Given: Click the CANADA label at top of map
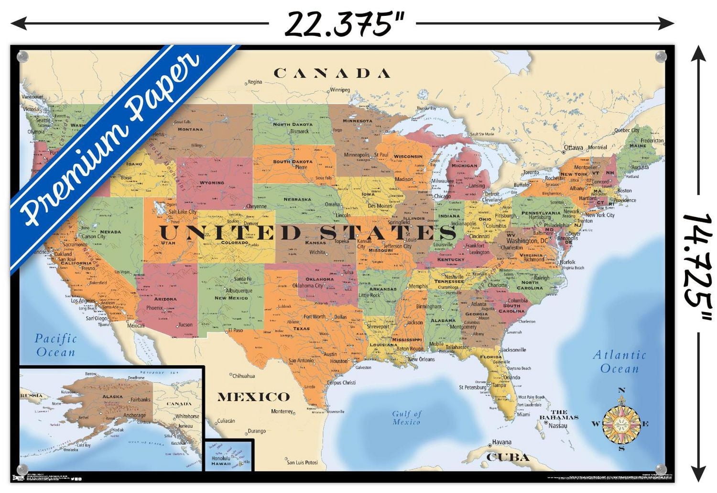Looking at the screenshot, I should click(x=332, y=73).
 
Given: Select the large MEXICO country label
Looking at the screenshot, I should click(x=253, y=397).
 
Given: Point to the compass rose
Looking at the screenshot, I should click(x=621, y=423).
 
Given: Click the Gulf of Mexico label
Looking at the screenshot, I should click(x=406, y=417).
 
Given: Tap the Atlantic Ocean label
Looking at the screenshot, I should click(x=619, y=361).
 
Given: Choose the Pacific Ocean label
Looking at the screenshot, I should click(x=56, y=345).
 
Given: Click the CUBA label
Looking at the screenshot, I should click(x=508, y=457).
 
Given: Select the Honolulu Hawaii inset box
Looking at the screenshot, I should click(x=229, y=455).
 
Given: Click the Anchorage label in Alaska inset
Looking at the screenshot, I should click(x=134, y=415).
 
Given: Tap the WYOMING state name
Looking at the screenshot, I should click(x=212, y=182).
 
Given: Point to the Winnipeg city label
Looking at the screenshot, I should click(x=340, y=90).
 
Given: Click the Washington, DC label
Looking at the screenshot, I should click(x=527, y=241).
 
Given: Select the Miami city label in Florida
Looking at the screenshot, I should click(x=523, y=415).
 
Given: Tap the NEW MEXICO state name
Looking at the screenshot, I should click(x=231, y=298).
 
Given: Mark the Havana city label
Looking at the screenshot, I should click(x=502, y=442).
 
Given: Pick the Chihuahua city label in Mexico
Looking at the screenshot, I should click(x=244, y=376).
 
